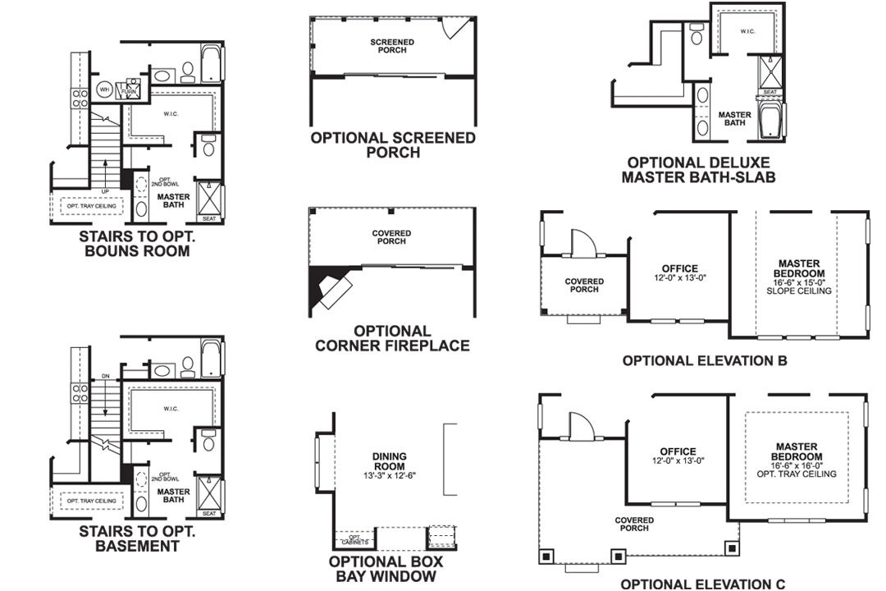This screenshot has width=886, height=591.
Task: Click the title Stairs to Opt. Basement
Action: click(x=137, y=538)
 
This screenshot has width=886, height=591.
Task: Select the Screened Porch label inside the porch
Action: click(x=392, y=46)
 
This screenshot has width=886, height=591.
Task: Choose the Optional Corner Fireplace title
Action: click(x=392, y=338)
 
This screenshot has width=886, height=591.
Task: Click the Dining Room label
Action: click(x=389, y=461)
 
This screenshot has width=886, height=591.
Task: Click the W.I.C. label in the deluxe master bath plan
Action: click(x=747, y=31)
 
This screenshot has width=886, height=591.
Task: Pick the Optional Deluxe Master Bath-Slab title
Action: click(x=698, y=170)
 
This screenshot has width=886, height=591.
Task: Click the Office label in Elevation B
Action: click(x=679, y=268)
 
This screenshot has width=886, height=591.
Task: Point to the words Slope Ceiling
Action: click(x=800, y=291)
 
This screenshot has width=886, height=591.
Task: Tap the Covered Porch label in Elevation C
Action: click(x=635, y=524)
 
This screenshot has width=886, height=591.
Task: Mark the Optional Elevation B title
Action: click(x=705, y=360)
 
